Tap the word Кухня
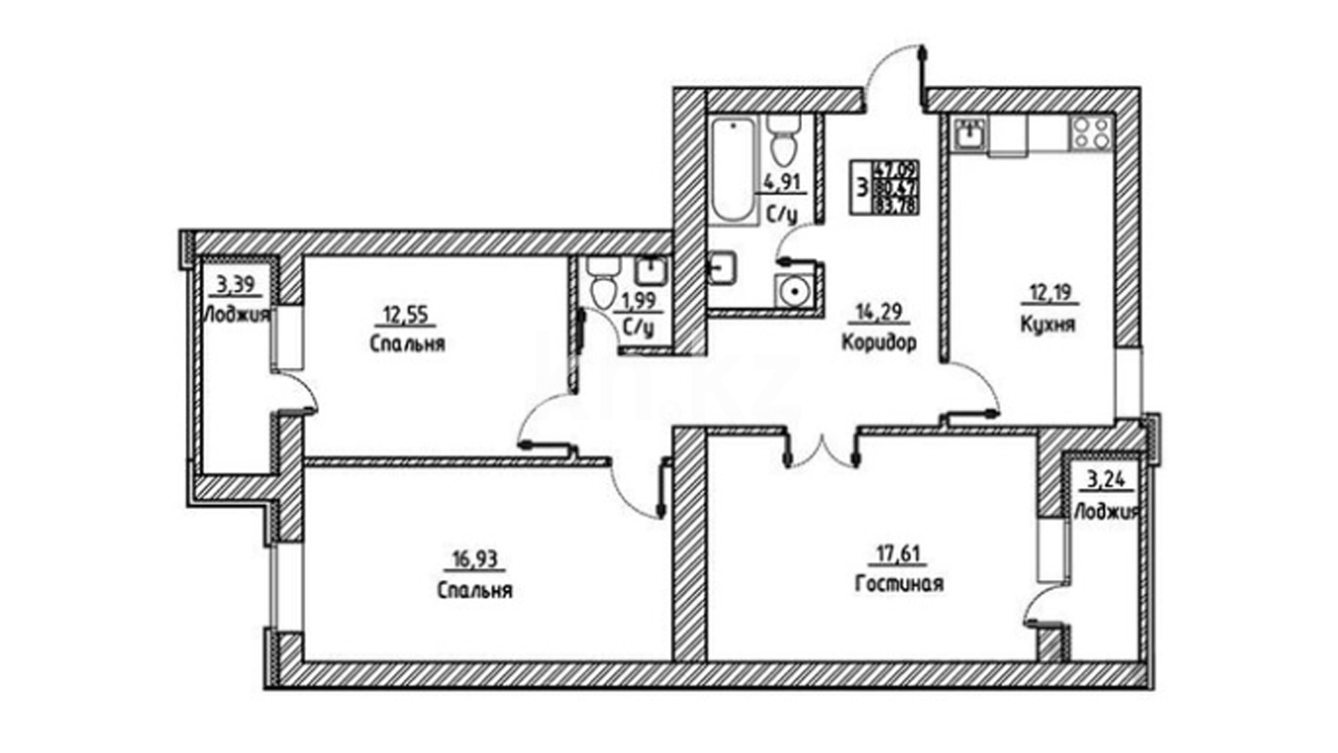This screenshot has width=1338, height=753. [1047, 325]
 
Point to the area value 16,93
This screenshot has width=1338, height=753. [474, 559]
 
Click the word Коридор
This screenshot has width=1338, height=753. [879, 342]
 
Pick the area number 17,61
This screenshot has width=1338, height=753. [898, 555]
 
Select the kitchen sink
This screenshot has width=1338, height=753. [969, 133]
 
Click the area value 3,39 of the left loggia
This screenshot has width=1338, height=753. [235, 284]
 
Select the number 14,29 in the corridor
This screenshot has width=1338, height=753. [879, 312]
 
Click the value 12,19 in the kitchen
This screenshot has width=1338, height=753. [1049, 294]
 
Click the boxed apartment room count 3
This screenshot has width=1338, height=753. [861, 188]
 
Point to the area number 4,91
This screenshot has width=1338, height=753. [782, 183]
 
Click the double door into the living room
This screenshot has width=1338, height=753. [822, 450]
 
